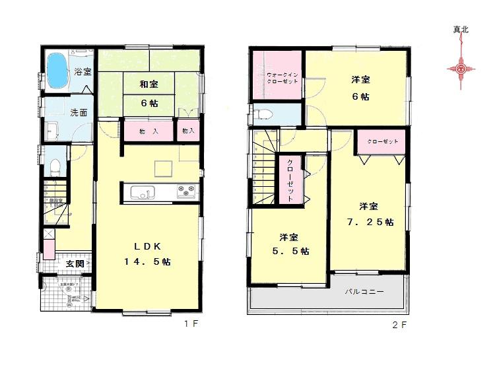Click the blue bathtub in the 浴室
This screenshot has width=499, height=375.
click(x=58, y=71)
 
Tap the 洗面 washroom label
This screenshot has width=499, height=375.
click(x=79, y=112)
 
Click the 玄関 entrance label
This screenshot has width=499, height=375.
click(x=74, y=265)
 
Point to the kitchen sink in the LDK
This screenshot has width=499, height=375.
click(x=141, y=193)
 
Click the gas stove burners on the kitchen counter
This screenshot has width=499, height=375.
click(x=185, y=192)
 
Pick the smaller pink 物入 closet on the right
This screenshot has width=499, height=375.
click(x=188, y=131)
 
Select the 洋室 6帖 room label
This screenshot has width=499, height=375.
click(x=360, y=88)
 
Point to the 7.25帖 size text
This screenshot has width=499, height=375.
click(x=370, y=222)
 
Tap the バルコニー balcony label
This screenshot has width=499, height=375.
click(x=364, y=291)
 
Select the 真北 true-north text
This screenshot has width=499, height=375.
click(x=461, y=30)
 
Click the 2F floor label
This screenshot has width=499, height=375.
click(x=399, y=324)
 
